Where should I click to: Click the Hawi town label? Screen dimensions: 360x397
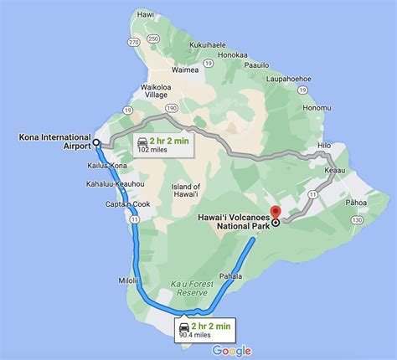[x=146, y=13]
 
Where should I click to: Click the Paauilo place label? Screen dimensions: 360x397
[x=259, y=64]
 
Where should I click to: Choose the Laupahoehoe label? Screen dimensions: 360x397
[x=291, y=80]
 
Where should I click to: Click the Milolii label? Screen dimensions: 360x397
[x=126, y=257]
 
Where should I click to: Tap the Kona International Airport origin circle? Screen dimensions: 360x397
[x=96, y=142]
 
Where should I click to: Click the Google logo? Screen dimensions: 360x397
[x=232, y=351]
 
